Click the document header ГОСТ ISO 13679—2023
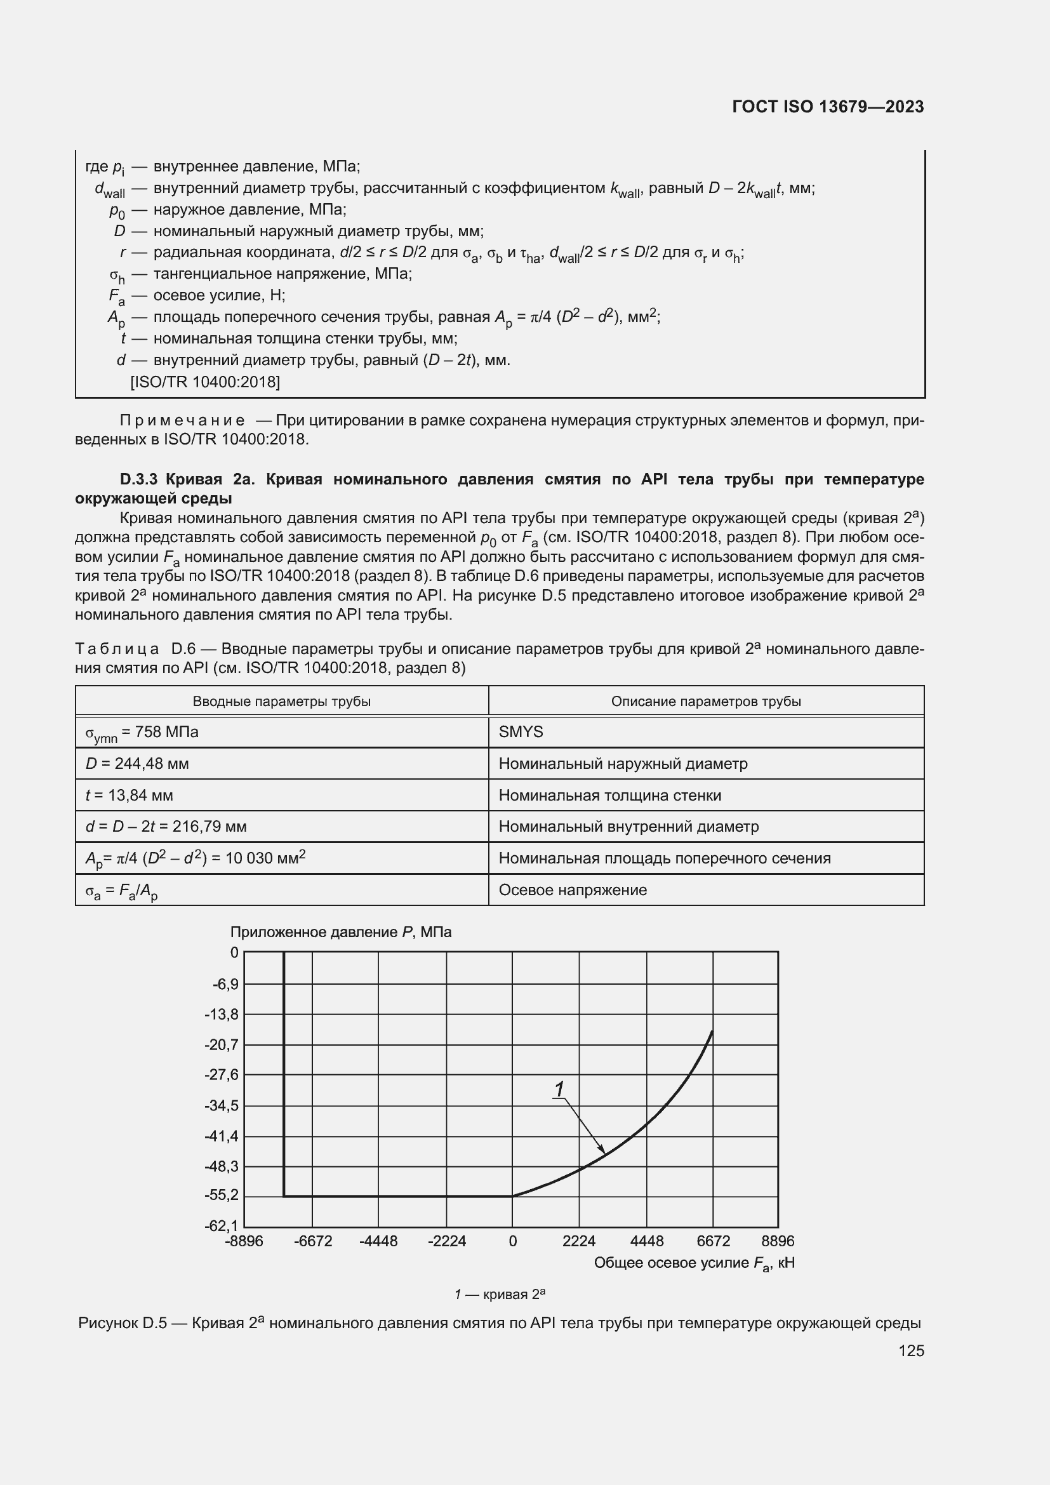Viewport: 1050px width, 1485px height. (x=828, y=107)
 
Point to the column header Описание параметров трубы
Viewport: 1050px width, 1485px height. (x=705, y=701)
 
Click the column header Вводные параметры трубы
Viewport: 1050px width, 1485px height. (x=281, y=701)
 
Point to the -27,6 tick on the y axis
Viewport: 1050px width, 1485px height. (x=222, y=1074)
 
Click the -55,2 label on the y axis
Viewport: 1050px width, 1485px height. (x=222, y=1195)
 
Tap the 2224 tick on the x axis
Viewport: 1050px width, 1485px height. (x=579, y=1241)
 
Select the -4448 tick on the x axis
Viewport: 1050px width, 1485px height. (x=378, y=1241)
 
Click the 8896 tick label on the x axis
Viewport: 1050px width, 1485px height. (x=777, y=1241)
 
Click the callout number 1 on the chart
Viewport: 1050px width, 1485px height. (x=559, y=1089)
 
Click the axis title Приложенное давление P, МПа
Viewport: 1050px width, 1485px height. (x=341, y=932)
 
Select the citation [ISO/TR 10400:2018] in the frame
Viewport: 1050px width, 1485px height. (x=205, y=382)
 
